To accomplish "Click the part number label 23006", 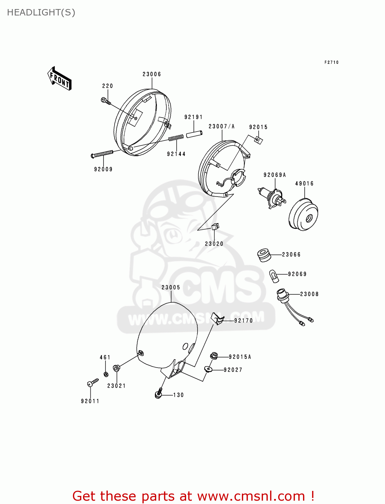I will click(x=152, y=74).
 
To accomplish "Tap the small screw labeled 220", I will click(x=105, y=100).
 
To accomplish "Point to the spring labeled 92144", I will click(x=176, y=138).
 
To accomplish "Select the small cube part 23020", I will click(x=215, y=226).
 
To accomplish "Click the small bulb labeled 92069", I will click(x=274, y=277).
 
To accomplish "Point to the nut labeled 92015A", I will click(x=214, y=356).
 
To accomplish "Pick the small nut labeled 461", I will click(x=105, y=374).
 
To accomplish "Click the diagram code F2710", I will click(x=331, y=62).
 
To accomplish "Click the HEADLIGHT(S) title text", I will click(x=41, y=12).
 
